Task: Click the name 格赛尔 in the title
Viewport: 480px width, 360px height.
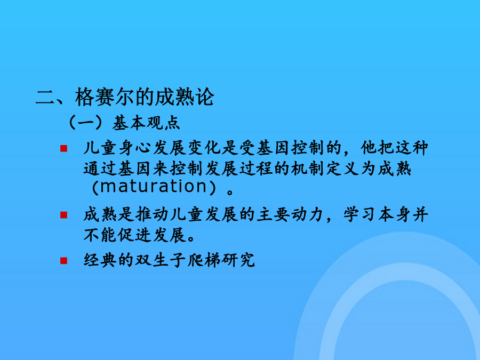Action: tap(105, 97)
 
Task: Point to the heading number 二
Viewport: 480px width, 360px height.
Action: tap(45, 98)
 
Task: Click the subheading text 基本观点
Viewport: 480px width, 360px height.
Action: tap(146, 123)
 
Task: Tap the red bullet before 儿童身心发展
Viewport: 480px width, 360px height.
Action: tap(63, 148)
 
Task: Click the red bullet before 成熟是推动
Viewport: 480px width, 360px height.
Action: tap(63, 215)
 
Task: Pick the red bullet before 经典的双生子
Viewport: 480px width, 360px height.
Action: tap(63, 261)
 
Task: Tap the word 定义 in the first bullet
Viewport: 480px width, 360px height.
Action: tap(343, 169)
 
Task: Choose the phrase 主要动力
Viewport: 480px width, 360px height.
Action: tap(291, 214)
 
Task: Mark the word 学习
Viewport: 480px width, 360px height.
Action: tap(361, 214)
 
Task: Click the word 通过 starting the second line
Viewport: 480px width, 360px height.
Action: tap(101, 169)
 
